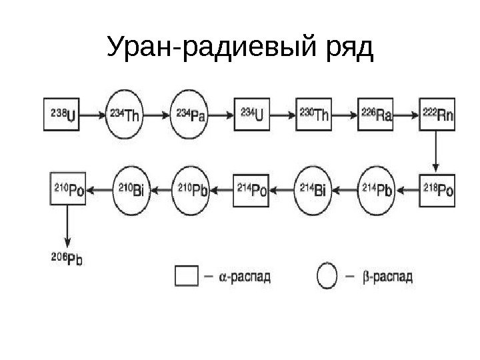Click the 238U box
click(63, 115)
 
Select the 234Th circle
click(125, 115)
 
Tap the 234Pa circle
click(191, 115)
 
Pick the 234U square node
click(251, 115)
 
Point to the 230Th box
click(314, 115)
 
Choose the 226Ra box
click(375, 115)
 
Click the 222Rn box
click(437, 115)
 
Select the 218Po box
click(438, 189)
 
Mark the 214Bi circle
click(314, 189)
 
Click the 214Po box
click(251, 189)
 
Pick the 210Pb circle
click(191, 189)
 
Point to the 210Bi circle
click(131, 189)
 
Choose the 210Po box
click(69, 189)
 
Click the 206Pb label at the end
click(65, 259)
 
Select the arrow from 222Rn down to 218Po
click(437, 151)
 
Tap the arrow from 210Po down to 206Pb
click(67, 227)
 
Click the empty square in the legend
click(186, 275)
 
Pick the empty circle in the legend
click(326, 275)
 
